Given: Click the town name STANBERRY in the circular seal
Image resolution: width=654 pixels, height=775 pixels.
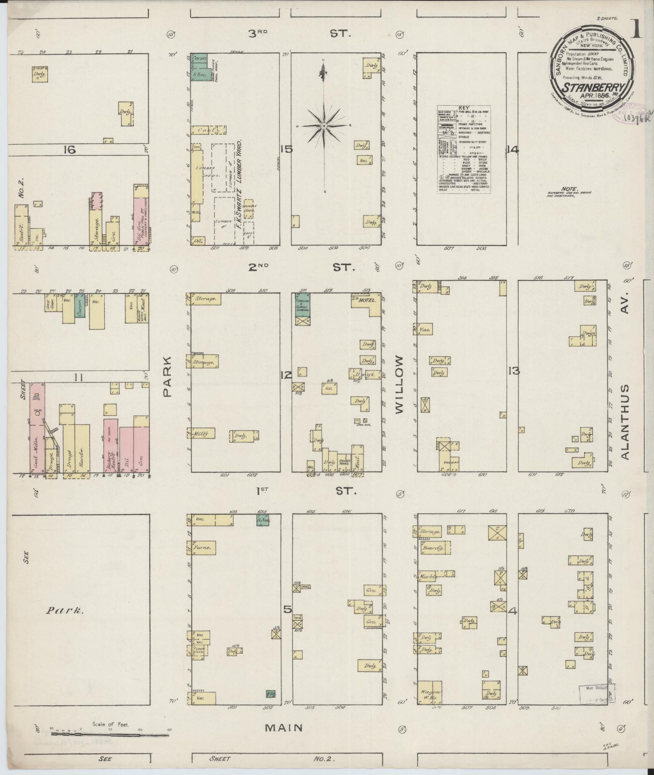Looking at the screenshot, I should pyautogui.click(x=586, y=87).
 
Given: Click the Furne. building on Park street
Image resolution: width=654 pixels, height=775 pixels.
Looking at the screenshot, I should pyautogui.click(x=203, y=548).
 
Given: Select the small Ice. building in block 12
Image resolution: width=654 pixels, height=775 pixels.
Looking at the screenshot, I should pyautogui.click(x=329, y=388).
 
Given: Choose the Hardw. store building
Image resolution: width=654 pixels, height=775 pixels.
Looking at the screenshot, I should pyautogui.click(x=82, y=448).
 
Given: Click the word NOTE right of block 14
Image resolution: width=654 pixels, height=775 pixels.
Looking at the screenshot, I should pyautogui.click(x=567, y=189).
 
